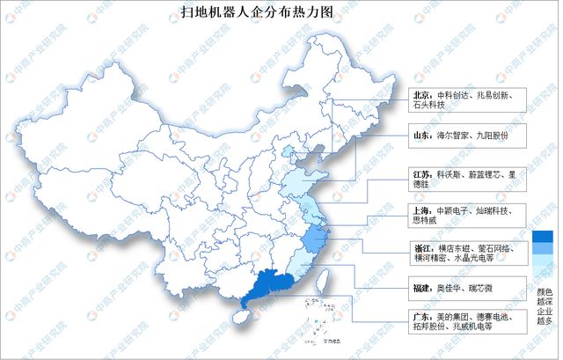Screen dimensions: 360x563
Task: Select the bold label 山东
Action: (423, 136)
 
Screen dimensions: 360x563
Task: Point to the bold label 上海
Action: (423, 210)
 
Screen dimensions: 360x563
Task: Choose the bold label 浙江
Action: (423, 248)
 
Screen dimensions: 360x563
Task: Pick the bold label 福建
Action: (423, 286)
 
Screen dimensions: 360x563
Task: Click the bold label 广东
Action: (423, 315)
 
